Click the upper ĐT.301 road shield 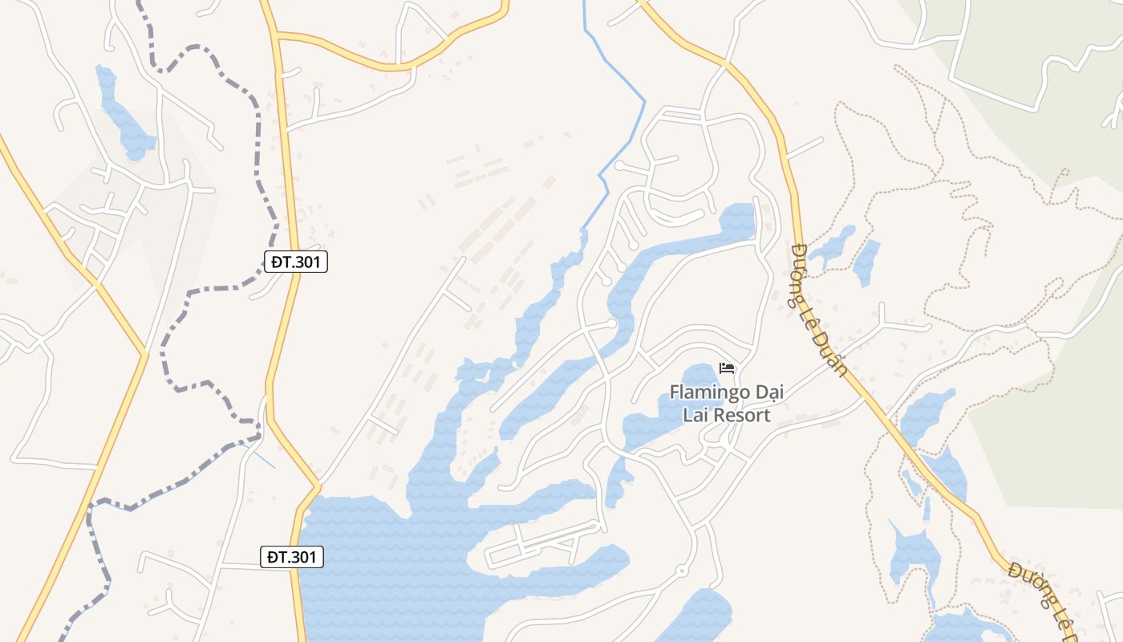pos(296,261)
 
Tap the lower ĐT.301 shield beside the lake pos(292,557)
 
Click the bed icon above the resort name pos(728,368)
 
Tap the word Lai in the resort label pos(695,415)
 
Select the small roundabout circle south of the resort pos(681,571)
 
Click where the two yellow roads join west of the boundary pos(145,353)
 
